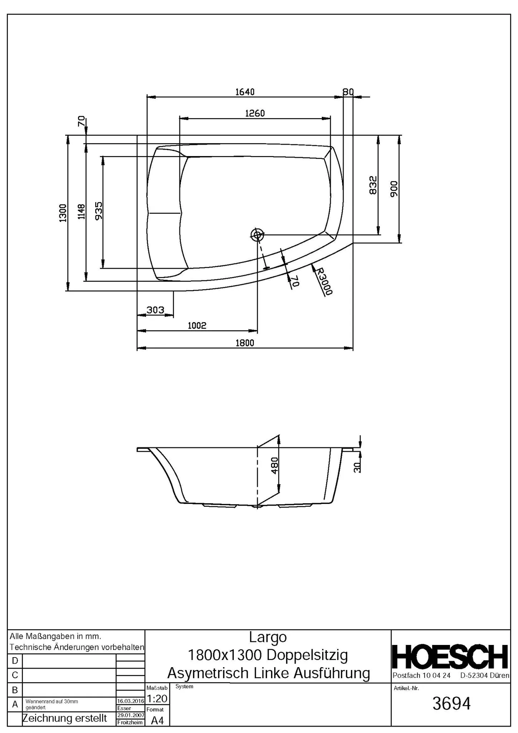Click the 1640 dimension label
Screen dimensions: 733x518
point(245,92)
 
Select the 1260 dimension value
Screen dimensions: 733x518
point(255,113)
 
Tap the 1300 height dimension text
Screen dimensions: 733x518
point(63,213)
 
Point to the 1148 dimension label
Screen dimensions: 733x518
point(82,212)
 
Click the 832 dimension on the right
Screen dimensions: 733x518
point(373,185)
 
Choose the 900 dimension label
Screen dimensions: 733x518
point(394,189)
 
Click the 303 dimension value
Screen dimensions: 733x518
point(155,310)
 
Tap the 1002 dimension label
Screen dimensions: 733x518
point(197,325)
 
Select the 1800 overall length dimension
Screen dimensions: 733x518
point(245,343)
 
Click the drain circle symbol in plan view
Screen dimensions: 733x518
point(257,235)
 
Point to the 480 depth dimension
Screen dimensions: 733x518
point(275,465)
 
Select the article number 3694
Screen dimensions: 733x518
point(451,704)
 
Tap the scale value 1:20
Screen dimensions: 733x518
point(157,699)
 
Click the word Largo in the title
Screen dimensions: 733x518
point(268,637)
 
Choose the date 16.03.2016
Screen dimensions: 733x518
point(131,701)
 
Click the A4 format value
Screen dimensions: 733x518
point(157,720)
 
